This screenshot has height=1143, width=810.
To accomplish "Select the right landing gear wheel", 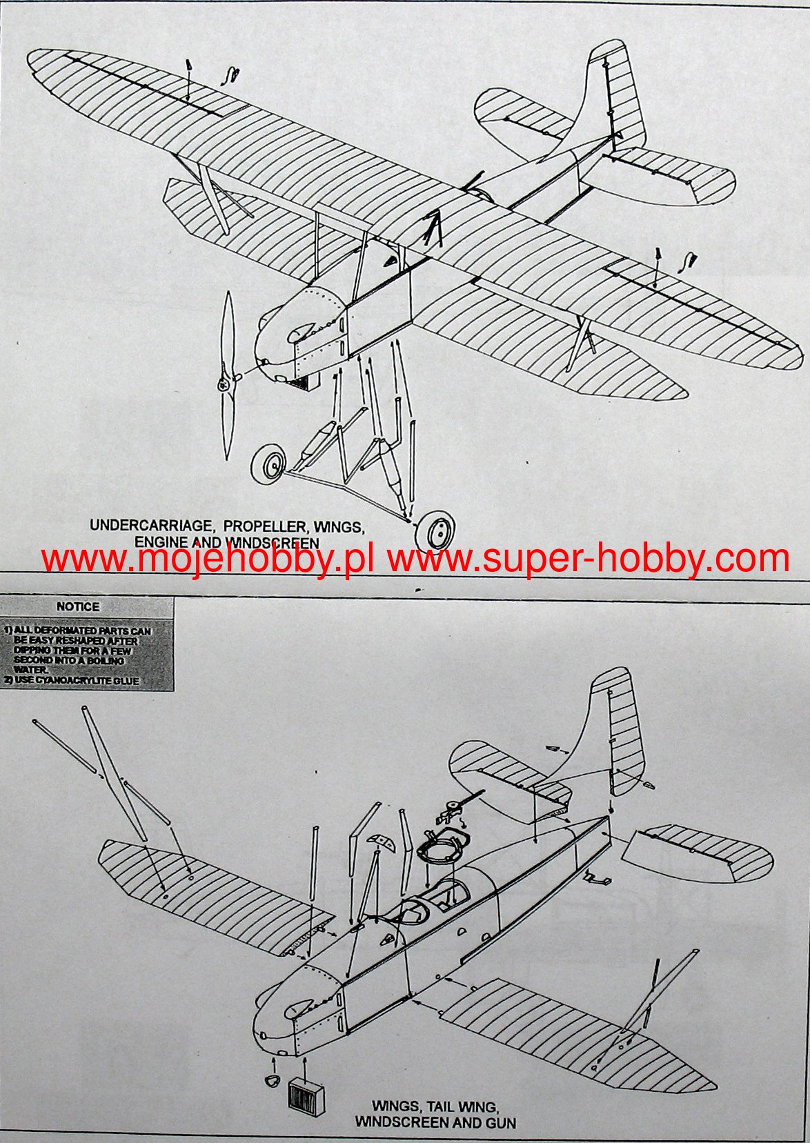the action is (x=437, y=533).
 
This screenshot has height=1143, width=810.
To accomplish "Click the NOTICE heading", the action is (x=78, y=606).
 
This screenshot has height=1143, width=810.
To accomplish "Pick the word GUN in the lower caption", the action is (x=500, y=1122).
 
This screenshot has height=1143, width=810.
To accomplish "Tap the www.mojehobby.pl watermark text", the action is (x=207, y=559).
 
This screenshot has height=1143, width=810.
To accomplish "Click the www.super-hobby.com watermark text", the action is (x=587, y=559).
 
